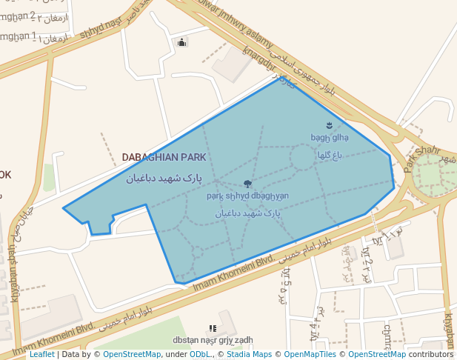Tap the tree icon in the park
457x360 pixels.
pos(247,184)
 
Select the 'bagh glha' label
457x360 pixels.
pos(330,137)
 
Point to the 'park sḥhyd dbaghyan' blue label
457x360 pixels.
pos(247,196)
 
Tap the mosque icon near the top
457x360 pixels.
pos(182,42)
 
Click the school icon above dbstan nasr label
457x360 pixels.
pos(213,327)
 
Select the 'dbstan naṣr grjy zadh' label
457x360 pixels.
pos(213,340)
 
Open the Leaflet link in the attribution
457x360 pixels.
pos(42,355)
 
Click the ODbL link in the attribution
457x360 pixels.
pos(199,355)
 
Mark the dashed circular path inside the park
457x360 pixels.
pos(302,158)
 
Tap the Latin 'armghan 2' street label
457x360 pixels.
pos(18,15)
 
